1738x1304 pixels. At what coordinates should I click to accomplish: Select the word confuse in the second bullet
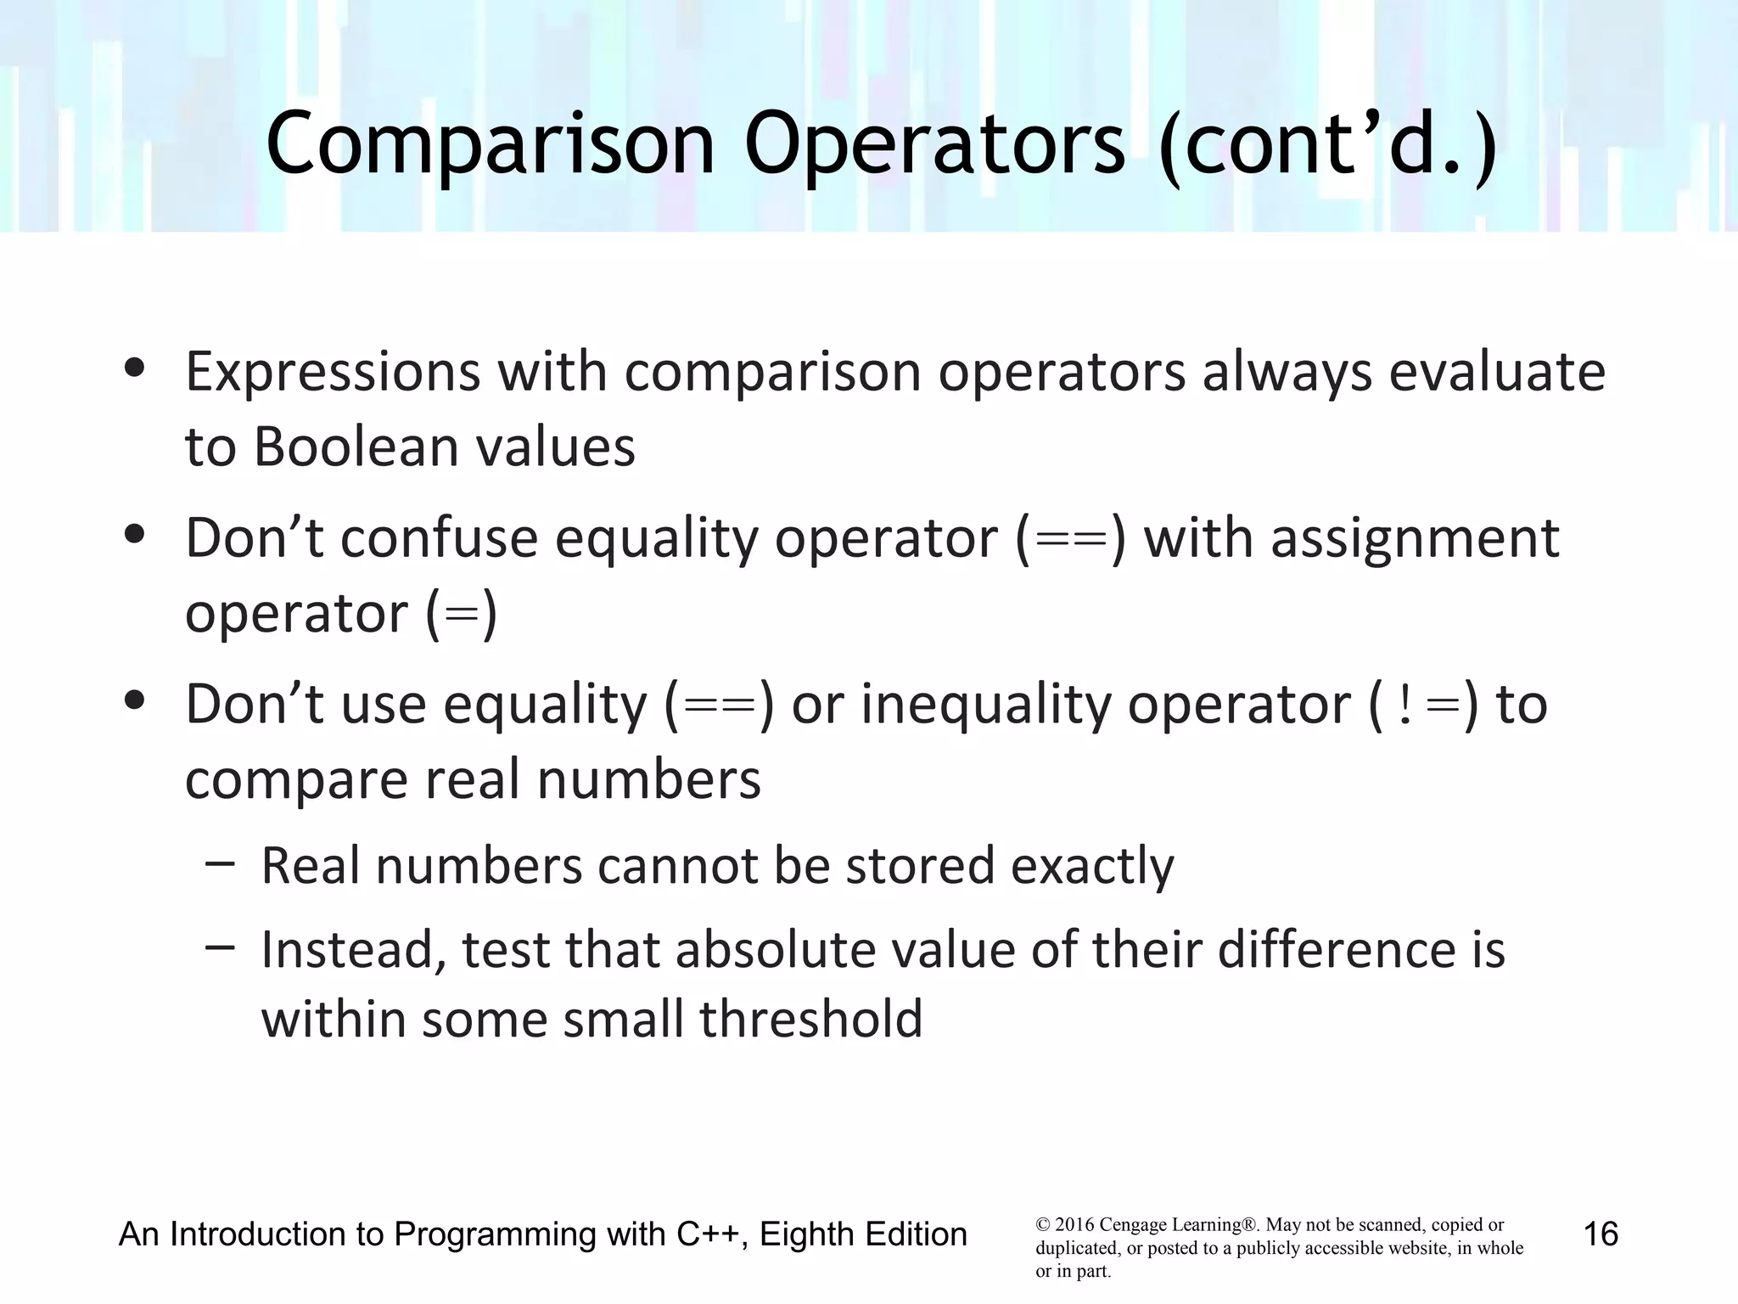[439, 538]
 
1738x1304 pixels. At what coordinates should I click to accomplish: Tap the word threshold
[810, 1019]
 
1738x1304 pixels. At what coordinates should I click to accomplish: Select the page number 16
[1601, 1234]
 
